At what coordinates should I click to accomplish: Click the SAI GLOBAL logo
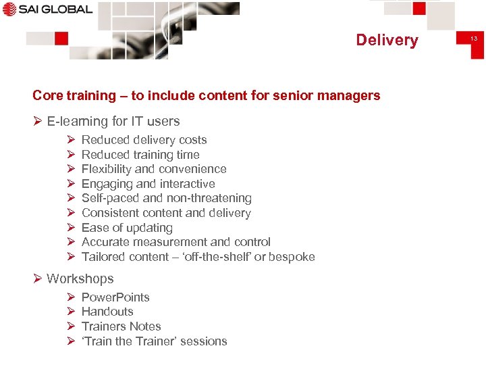pyautogui.click(x=47, y=9)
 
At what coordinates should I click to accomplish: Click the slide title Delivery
pyautogui.click(x=387, y=40)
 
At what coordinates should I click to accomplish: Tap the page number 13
pyautogui.click(x=474, y=39)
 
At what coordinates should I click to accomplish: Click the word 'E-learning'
pyautogui.click(x=76, y=122)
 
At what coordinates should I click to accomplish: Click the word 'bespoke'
pyautogui.click(x=292, y=257)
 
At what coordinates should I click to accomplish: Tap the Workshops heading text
pyautogui.click(x=80, y=278)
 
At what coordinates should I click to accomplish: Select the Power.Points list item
pyautogui.click(x=115, y=297)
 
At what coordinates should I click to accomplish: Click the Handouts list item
pyautogui.click(x=107, y=312)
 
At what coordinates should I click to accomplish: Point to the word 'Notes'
pyautogui.click(x=145, y=326)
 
